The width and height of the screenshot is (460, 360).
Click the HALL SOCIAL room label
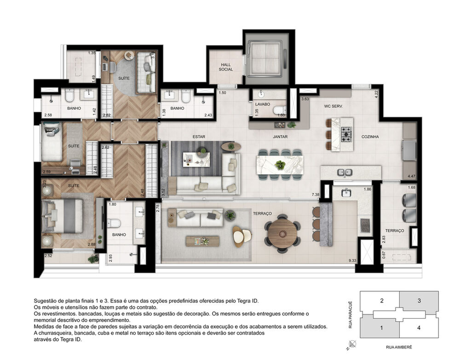click(x=226, y=67)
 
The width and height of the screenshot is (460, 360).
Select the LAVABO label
click(x=263, y=105)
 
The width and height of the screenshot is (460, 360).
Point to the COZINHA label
click(x=370, y=137)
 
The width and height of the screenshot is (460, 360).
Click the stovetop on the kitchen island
click(x=346, y=134)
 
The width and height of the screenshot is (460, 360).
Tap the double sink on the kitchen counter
click(x=345, y=173)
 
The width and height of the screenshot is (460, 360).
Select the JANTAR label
click(x=280, y=137)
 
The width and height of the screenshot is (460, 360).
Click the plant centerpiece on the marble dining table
click(x=279, y=164)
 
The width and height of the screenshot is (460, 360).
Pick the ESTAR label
click(x=199, y=137)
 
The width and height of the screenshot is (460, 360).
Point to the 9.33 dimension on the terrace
click(x=352, y=261)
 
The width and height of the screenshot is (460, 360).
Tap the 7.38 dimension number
click(x=315, y=195)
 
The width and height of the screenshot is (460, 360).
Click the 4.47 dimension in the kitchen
click(x=411, y=176)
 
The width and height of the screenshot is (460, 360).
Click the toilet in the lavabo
click(x=279, y=110)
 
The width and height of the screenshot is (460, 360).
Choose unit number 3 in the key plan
click(x=419, y=301)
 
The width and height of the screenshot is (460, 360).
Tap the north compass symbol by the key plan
click(x=352, y=343)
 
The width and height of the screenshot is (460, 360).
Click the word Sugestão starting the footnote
click(x=46, y=300)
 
